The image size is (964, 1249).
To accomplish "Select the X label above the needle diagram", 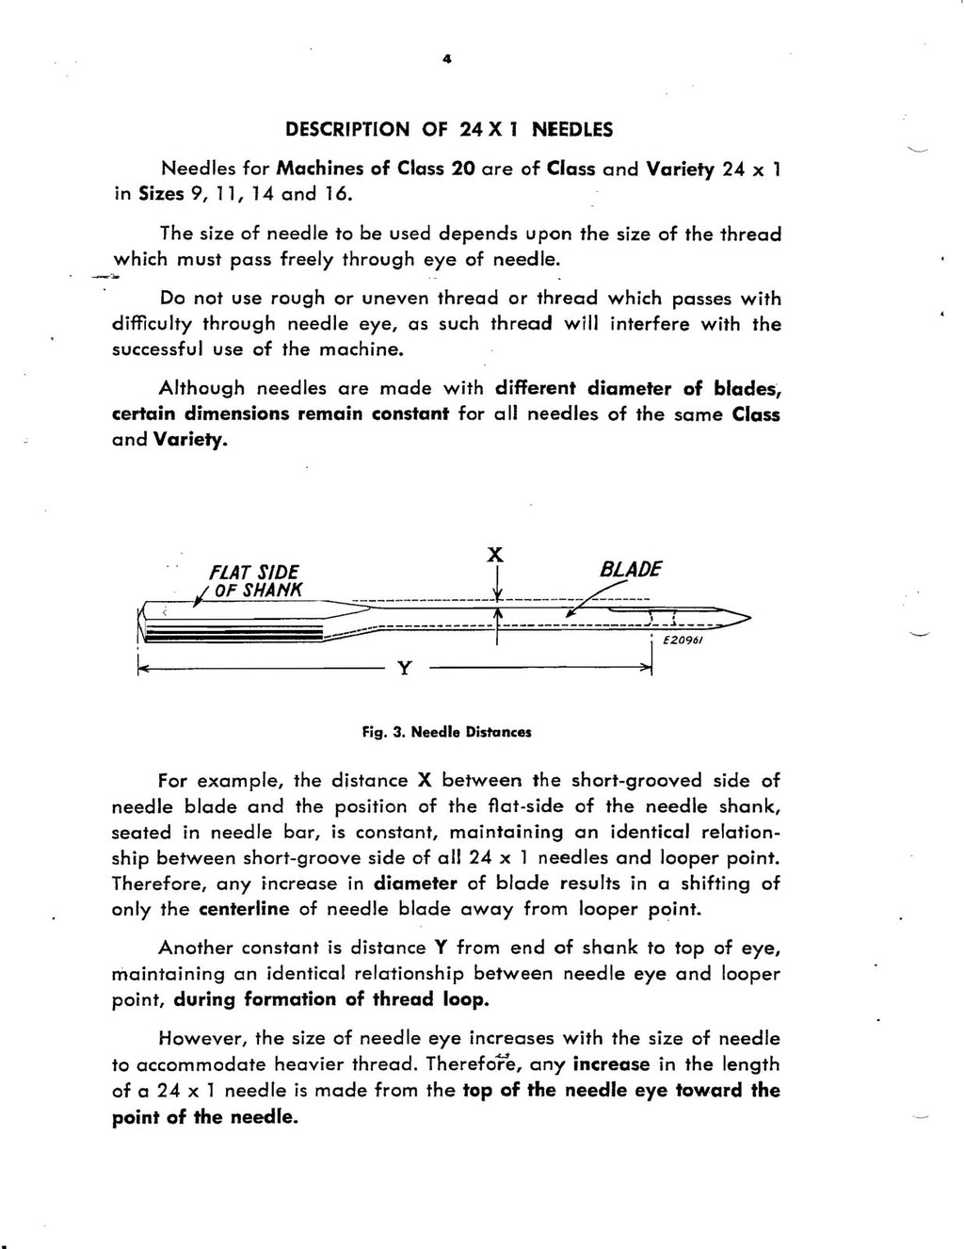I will point(492,555).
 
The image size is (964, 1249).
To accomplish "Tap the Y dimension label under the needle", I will point(404,668).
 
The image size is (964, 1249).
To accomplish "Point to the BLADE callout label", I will point(631,570).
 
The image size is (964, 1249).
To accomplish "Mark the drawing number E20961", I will point(684,640).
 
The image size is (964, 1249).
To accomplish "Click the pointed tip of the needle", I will point(748,618).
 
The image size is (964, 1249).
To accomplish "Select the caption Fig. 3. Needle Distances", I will point(447,731).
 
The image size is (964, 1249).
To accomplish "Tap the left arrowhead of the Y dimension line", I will point(141,669).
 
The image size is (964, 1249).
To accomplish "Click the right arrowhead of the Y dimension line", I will point(649,668).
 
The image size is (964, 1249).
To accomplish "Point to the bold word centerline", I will point(245,910).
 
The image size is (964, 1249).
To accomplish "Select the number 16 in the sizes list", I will point(339,196).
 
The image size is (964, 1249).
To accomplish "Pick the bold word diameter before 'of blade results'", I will point(415,884).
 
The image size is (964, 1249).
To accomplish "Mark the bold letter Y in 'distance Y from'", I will point(439,948).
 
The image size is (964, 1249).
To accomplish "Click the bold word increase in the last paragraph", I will point(611,1064).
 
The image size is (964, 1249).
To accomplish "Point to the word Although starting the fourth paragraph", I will point(201,387).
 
